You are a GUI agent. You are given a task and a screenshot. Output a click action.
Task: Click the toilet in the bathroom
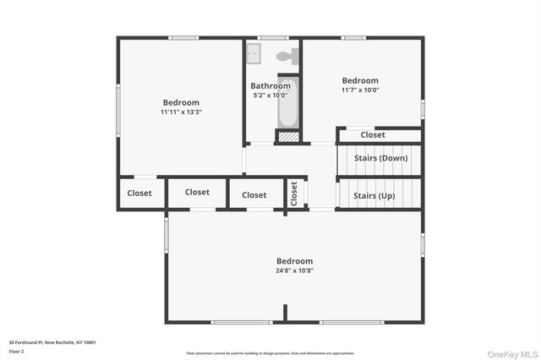click(287, 57)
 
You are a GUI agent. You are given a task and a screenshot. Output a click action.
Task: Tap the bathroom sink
click(254, 54)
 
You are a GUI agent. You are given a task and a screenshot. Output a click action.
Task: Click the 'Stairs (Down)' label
click(381, 158)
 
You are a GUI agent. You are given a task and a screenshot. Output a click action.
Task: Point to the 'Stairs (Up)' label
click(374, 195)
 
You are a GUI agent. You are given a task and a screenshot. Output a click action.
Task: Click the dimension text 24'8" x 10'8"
click(294, 271)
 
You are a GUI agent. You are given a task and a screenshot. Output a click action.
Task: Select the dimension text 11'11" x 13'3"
click(181, 112)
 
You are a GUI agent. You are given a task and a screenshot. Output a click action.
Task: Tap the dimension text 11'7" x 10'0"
click(360, 90)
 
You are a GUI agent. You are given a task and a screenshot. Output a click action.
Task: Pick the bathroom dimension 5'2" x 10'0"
click(270, 95)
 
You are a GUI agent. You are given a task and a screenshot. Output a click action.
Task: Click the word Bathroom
click(270, 85)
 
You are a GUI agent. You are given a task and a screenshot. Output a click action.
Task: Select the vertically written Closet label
click(294, 194)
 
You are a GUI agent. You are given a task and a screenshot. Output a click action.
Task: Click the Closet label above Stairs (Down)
click(373, 134)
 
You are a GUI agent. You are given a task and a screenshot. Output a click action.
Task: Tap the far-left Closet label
click(139, 193)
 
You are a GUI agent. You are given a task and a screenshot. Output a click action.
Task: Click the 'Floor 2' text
click(17, 350)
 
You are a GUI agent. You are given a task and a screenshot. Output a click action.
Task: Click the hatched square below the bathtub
click(288, 135)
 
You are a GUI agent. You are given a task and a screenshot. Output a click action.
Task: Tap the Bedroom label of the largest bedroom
click(294, 261)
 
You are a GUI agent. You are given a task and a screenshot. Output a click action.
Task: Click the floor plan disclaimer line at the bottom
click(270, 352)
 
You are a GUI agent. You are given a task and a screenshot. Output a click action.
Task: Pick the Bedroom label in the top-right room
click(360, 80)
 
